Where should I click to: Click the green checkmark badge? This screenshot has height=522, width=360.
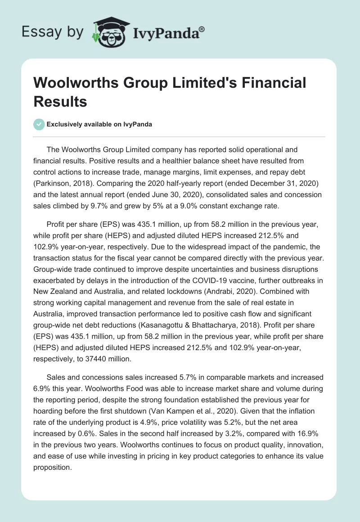[39, 125]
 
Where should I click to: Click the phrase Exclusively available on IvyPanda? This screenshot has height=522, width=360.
[99, 125]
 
